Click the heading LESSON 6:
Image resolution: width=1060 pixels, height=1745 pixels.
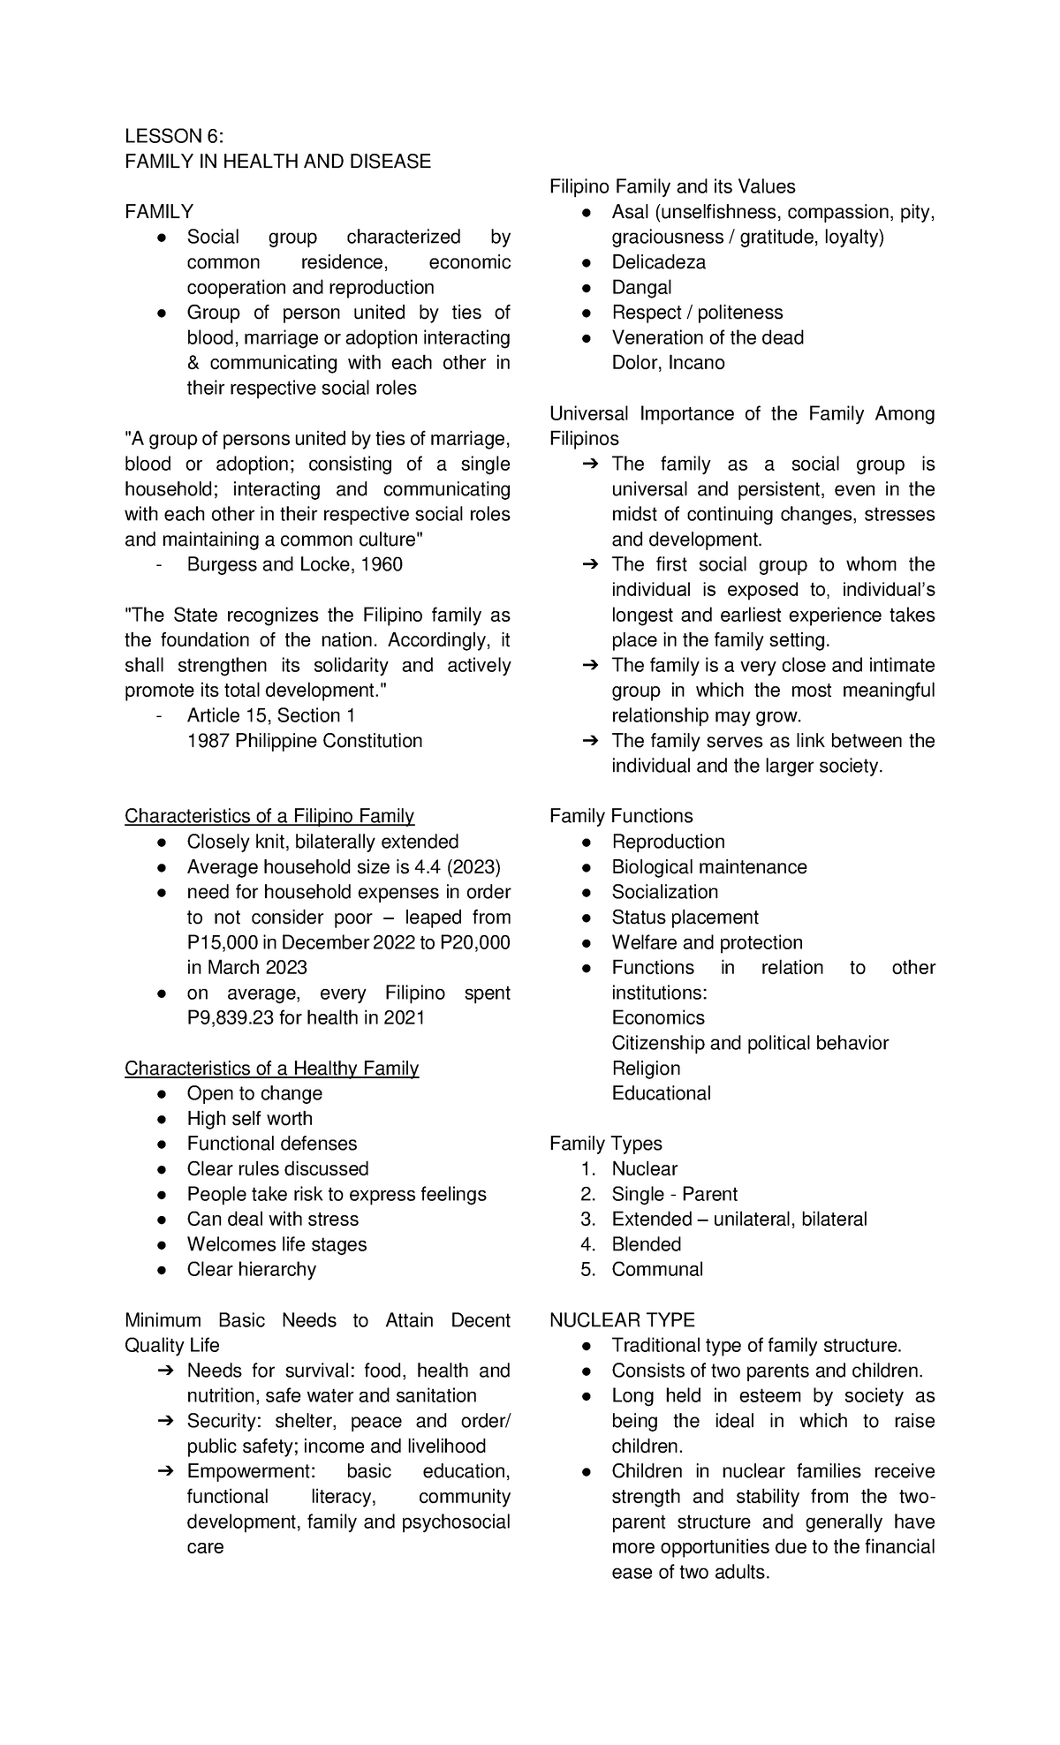coord(174,136)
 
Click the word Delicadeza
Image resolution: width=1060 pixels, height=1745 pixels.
coord(658,262)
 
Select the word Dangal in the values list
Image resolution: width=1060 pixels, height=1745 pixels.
coord(641,288)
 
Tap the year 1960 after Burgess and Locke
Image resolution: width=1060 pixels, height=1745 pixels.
coord(382,564)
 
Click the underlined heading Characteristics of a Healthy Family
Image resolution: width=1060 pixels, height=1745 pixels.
coord(271,1069)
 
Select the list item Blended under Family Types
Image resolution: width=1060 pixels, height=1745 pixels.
coord(646,1244)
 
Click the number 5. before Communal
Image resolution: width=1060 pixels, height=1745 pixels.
coord(588,1270)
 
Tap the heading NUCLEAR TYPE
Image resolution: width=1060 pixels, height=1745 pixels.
coord(622,1320)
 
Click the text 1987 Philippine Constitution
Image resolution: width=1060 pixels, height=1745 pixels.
coord(305,741)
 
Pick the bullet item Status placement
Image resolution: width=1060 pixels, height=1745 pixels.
coord(685,918)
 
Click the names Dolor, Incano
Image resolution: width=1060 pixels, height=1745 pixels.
coord(668,363)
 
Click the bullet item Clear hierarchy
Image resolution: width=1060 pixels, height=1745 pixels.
coord(251,1270)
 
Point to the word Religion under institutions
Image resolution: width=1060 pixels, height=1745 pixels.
coord(646,1069)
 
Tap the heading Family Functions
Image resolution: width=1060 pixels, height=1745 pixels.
coord(621,817)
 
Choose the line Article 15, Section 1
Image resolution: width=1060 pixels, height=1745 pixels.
coord(270,715)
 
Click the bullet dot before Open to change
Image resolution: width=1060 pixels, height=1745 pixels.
coord(162,1094)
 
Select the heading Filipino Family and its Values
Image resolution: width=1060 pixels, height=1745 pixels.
coord(672,187)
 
